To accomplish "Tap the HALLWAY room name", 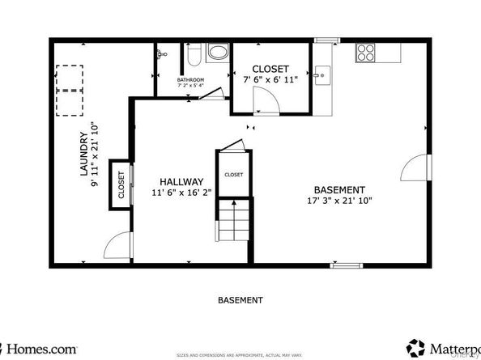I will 181,182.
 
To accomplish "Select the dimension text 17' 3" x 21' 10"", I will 338,201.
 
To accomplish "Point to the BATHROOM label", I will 191,80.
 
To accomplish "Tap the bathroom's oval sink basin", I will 218,53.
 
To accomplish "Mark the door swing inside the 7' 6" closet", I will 264,101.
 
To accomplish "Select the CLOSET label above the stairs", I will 233,175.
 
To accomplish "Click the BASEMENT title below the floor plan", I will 240,300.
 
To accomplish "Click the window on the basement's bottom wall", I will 346,265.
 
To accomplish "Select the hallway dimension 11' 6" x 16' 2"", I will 181,193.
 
